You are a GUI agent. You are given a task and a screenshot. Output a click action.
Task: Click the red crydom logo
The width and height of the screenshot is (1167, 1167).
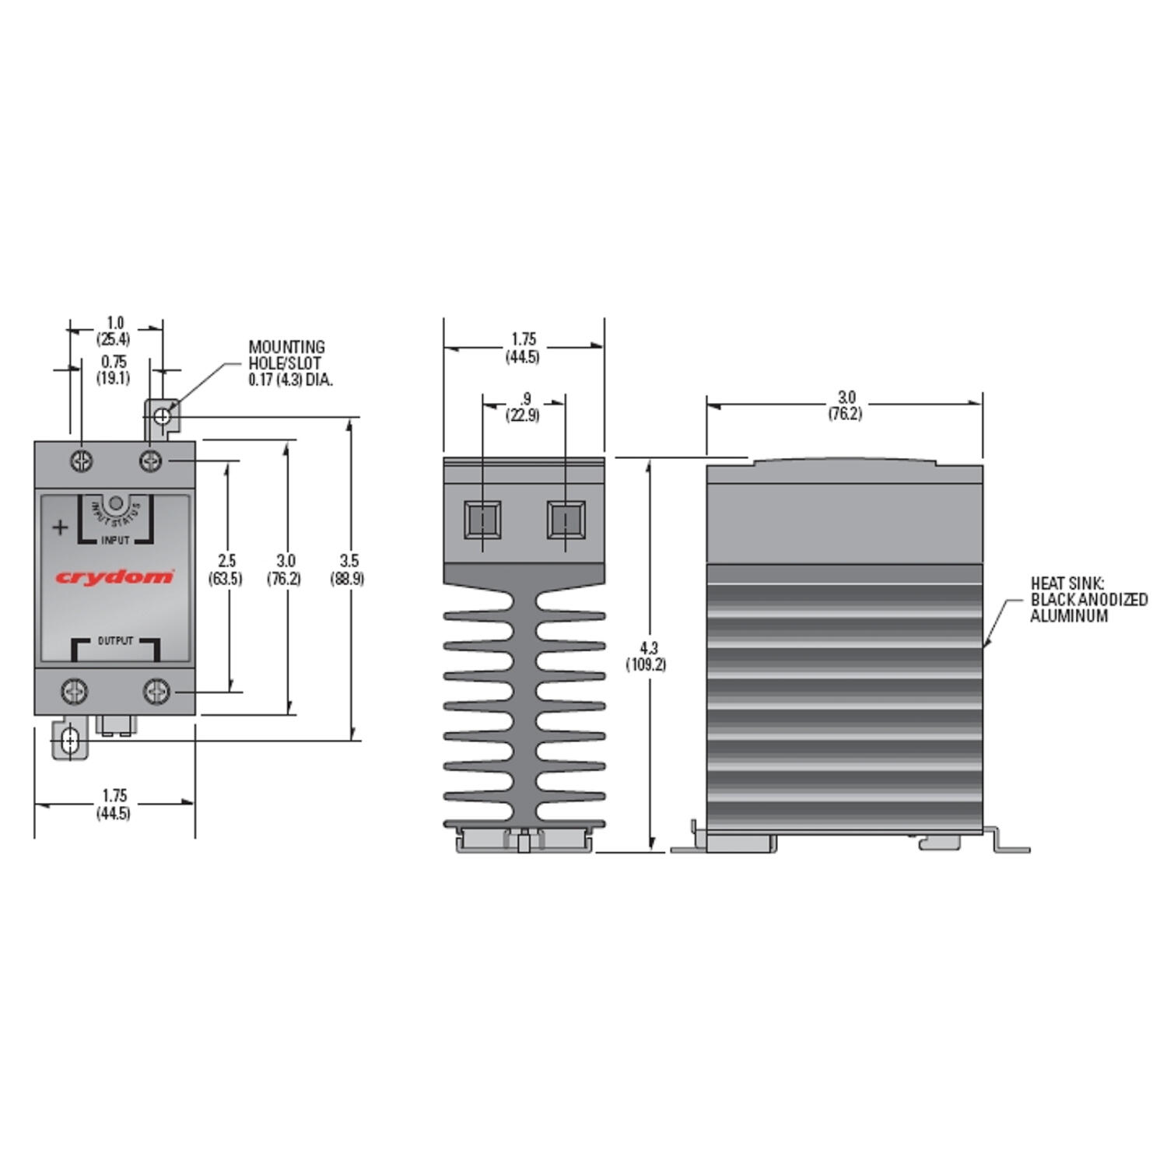click(x=114, y=576)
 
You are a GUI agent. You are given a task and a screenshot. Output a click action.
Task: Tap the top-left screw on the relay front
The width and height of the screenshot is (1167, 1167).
click(x=82, y=461)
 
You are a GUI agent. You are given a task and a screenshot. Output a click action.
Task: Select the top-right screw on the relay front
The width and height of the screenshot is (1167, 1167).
click(x=150, y=461)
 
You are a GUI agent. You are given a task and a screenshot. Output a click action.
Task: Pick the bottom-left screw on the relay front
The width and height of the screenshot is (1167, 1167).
click(x=75, y=691)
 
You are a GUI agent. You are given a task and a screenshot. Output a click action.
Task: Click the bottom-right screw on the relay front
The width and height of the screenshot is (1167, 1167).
click(x=156, y=691)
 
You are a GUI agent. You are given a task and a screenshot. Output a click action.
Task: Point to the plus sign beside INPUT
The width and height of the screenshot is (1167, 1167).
click(x=60, y=527)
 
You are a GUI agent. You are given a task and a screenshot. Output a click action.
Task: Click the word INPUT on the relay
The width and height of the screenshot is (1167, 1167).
click(x=115, y=540)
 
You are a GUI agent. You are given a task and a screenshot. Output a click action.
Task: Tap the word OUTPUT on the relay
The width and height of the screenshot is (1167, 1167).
click(x=115, y=641)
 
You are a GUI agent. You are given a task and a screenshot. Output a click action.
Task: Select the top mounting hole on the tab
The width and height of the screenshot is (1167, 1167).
click(x=162, y=417)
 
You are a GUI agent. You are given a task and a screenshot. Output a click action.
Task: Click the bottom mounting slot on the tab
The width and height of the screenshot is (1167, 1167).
click(x=70, y=740)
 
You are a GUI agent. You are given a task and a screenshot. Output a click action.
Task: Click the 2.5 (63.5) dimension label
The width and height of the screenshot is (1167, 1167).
click(x=226, y=569)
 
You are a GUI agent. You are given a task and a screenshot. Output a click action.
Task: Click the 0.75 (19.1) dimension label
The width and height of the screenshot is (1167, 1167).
click(x=114, y=370)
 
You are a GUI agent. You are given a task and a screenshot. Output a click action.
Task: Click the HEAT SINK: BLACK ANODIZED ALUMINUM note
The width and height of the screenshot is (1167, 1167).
click(x=1088, y=599)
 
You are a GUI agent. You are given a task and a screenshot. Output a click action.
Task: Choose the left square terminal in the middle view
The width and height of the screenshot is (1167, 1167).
click(x=482, y=520)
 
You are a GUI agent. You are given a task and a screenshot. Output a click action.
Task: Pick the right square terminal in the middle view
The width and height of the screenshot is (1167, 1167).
click(x=566, y=520)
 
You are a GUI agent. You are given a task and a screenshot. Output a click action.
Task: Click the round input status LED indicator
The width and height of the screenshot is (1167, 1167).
click(x=115, y=503)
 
